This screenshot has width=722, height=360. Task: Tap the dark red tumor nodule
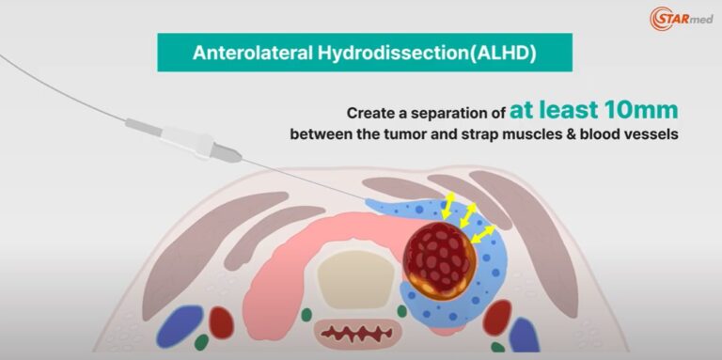point(439,255)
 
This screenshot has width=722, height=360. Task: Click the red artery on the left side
point(221,322)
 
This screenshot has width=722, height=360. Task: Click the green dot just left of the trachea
point(306,314)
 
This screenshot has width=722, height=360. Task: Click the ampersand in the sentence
point(564,135)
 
